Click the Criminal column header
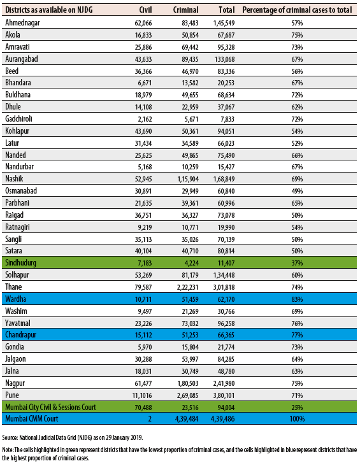186,10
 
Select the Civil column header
145,10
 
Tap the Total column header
227,10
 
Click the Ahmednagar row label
23,23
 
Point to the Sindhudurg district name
20,262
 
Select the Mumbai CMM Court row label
31,419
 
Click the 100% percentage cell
297,419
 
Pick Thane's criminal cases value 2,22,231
188,287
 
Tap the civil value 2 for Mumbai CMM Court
150,419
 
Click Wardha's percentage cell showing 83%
297,299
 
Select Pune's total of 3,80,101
224,395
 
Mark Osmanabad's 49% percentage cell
297,191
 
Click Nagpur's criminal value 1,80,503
188,383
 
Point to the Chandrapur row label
20,335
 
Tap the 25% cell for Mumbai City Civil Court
297,408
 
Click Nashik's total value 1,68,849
224,179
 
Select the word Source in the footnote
10,437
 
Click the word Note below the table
7,450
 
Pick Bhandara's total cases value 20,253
226,83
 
